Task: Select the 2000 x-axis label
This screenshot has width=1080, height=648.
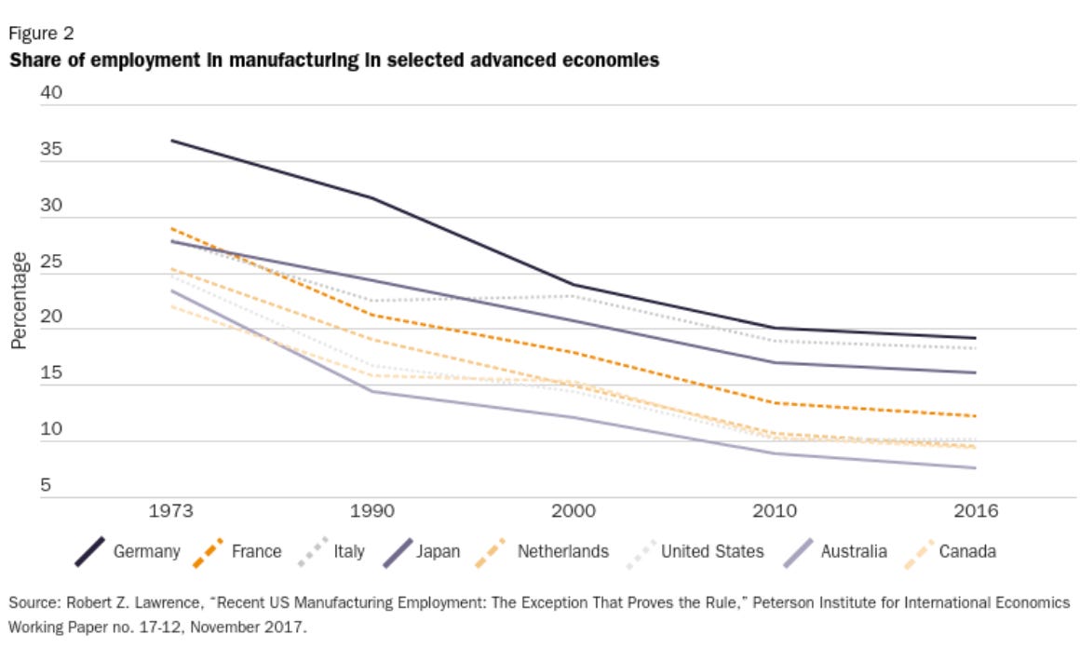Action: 574,511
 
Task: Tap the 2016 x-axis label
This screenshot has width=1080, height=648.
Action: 975,511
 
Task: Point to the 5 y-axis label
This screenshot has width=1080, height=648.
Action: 45,485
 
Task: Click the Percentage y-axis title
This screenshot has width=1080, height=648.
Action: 19,300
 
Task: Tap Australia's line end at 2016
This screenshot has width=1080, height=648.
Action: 975,467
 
